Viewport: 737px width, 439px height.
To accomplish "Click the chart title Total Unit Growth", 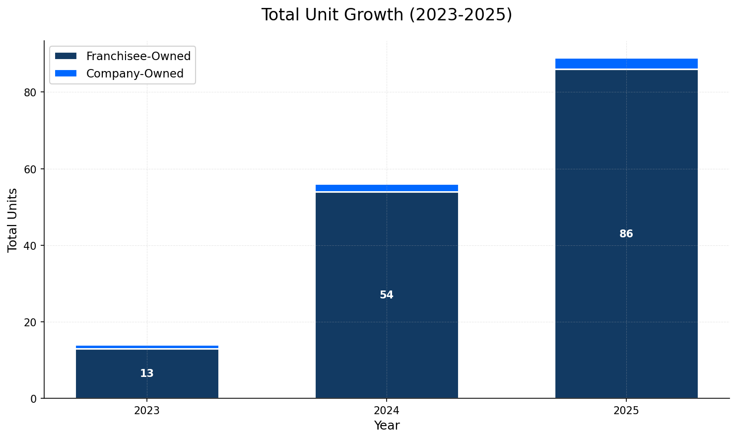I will click(x=386, y=15).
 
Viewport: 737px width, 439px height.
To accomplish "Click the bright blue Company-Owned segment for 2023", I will click(x=147, y=347).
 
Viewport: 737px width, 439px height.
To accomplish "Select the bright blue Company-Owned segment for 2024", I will click(x=386, y=188).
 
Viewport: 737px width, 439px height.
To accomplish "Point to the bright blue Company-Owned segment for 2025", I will click(x=626, y=63).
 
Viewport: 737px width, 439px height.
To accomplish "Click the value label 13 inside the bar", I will click(x=147, y=373).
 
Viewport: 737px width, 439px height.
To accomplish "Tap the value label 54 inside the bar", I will click(x=386, y=295).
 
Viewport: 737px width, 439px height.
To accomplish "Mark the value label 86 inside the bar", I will click(x=626, y=234).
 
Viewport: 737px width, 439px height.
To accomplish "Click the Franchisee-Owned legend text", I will click(x=138, y=57).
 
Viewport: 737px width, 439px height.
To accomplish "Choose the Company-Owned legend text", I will click(x=134, y=73).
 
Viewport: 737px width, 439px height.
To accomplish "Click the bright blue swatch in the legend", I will click(x=66, y=73).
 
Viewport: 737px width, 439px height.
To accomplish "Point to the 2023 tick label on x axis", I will click(x=147, y=411).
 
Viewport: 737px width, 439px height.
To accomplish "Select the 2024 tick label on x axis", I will click(x=386, y=411).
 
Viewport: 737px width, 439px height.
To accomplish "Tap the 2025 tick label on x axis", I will click(x=626, y=411).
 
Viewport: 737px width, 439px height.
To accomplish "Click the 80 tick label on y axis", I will click(x=30, y=92).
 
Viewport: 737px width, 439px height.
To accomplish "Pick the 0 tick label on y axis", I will click(x=34, y=398).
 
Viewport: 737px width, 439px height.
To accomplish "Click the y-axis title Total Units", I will click(x=13, y=219).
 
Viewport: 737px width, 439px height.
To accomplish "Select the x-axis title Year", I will click(x=386, y=426).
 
